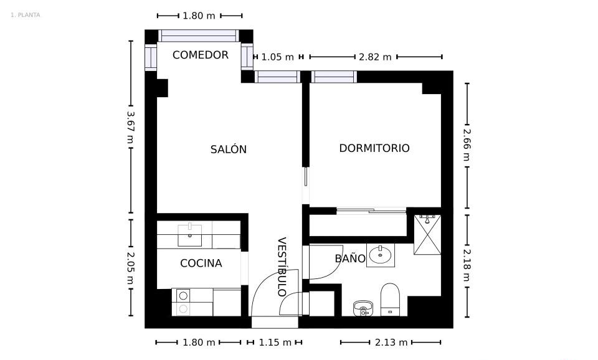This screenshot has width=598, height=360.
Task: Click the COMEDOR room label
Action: pyautogui.click(x=200, y=55)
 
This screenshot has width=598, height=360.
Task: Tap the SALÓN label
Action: pyautogui.click(x=229, y=149)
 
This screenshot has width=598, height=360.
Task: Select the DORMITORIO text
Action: pyautogui.click(x=374, y=148)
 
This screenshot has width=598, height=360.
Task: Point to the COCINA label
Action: pyautogui.click(x=201, y=263)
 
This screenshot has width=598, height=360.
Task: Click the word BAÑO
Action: pyautogui.click(x=350, y=258)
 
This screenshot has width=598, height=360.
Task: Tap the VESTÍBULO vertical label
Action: pyautogui.click(x=282, y=267)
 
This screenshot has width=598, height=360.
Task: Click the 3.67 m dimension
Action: pyautogui.click(x=130, y=127)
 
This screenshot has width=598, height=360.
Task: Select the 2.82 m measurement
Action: pyautogui.click(x=375, y=57)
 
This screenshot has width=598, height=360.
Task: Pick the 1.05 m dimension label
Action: pyautogui.click(x=277, y=57)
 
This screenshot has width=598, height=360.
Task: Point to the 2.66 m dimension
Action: pyautogui.click(x=467, y=145)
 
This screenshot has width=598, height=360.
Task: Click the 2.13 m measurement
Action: pyautogui.click(x=391, y=343)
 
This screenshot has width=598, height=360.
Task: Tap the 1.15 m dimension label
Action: pyautogui.click(x=275, y=343)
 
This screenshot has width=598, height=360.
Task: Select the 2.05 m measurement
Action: pyautogui.click(x=130, y=268)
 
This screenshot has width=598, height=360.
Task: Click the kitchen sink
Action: pyautogui.click(x=189, y=235)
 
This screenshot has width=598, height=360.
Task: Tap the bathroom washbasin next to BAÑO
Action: pyautogui.click(x=380, y=255)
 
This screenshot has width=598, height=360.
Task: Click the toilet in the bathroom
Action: pyautogui.click(x=390, y=300)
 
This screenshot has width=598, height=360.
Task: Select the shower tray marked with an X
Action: pyautogui.click(x=427, y=235)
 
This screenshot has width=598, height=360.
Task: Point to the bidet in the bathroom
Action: pyautogui.click(x=363, y=308)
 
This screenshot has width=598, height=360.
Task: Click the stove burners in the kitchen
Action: pyautogui.click(x=183, y=302)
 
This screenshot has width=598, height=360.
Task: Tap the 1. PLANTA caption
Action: pyautogui.click(x=25, y=15)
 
